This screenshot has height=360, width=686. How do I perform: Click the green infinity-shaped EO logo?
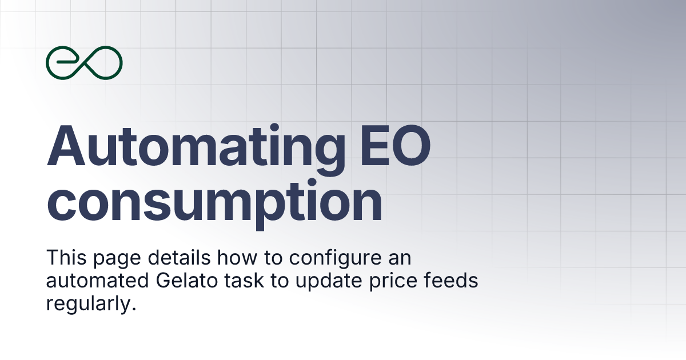[x=84, y=62]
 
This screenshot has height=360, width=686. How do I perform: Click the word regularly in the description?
[x=89, y=303]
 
